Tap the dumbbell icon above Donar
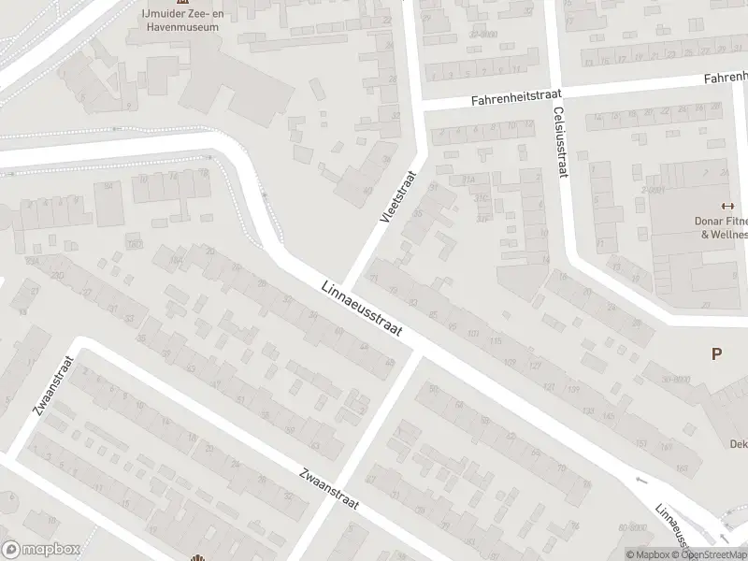(x=726, y=207)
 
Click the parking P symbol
(x=717, y=354)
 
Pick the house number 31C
(x=481, y=198)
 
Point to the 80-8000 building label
(x=634, y=527)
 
